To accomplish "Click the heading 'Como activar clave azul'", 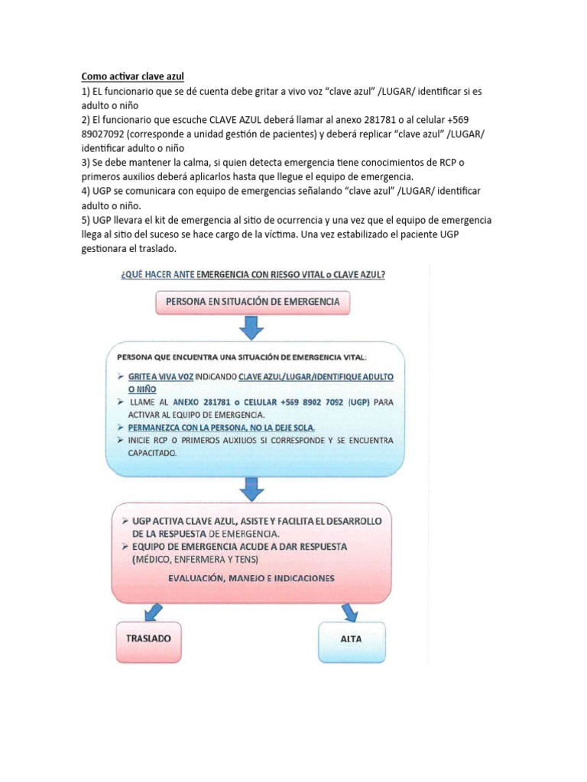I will (133, 76).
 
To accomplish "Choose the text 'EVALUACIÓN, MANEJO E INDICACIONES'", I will (251, 578).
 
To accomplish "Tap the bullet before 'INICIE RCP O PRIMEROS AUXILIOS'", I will (122, 441).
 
